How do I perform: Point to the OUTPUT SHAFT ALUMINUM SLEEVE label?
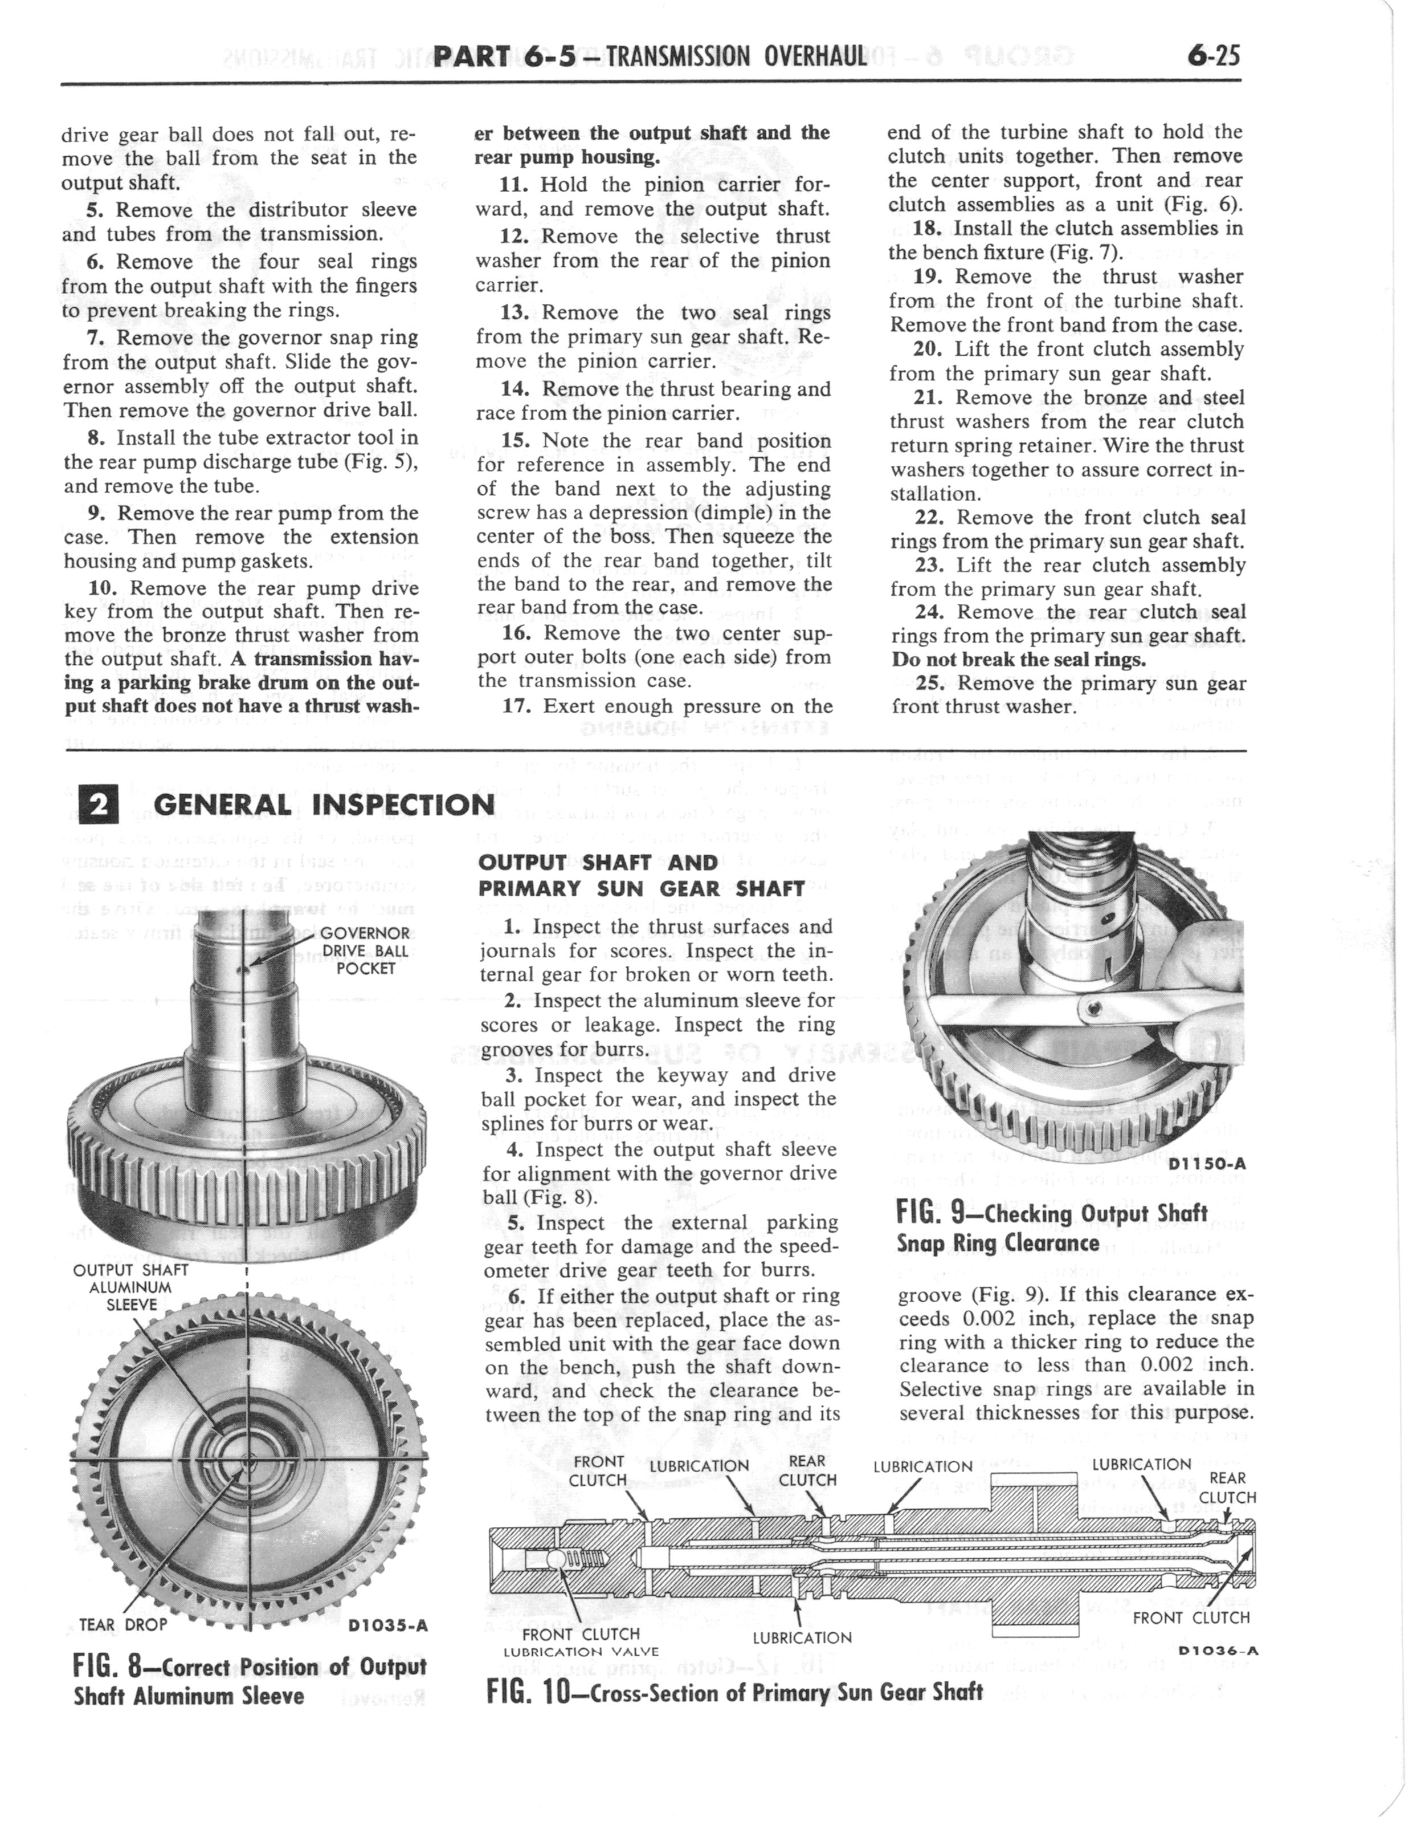click(122, 1287)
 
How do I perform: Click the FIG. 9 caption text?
click(1052, 1228)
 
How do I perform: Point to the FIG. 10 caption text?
click(734, 1691)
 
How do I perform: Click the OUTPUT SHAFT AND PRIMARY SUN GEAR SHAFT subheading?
click(642, 875)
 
